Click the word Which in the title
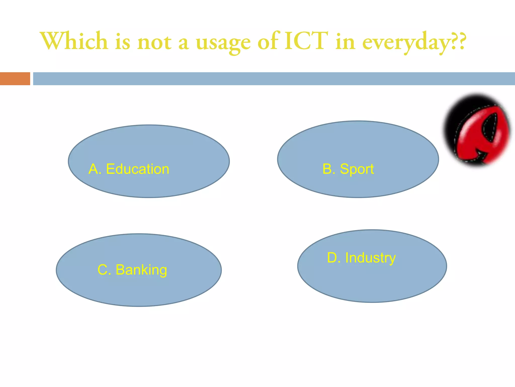pyautogui.click(x=74, y=41)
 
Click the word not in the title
pyautogui.click(x=154, y=42)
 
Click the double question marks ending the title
pyautogui.click(x=458, y=40)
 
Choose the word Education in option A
pyautogui.click(x=138, y=169)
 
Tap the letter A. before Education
pyautogui.click(x=95, y=169)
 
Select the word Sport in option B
pyautogui.click(x=357, y=169)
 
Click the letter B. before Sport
pyautogui.click(x=329, y=169)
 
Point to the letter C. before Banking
pyautogui.click(x=104, y=270)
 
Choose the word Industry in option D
pyautogui.click(x=370, y=258)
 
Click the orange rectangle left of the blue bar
pyautogui.click(x=15, y=79)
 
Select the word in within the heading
pyautogui.click(x=345, y=42)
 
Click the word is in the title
pyautogui.click(x=123, y=42)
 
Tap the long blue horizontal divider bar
pyautogui.click(x=274, y=79)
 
